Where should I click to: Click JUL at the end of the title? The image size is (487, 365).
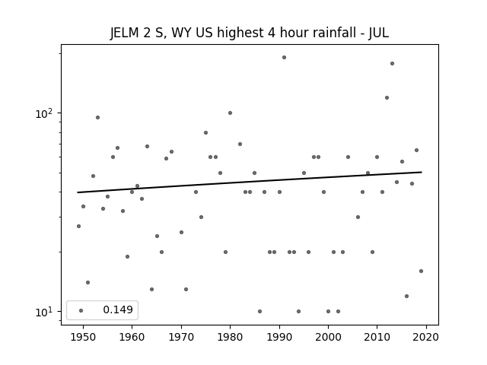(x=379, y=33)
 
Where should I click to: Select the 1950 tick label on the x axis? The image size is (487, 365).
(x=83, y=337)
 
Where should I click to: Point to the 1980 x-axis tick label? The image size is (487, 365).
(x=230, y=337)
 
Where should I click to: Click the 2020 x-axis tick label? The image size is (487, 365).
(x=426, y=337)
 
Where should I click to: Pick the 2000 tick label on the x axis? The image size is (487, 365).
(x=328, y=337)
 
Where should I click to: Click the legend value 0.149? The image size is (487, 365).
(x=118, y=309)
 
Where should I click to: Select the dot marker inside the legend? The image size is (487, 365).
(x=81, y=310)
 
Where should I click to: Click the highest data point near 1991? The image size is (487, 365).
(x=284, y=58)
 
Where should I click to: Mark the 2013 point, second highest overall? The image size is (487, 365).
(x=393, y=64)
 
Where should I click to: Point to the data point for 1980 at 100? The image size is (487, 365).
(x=230, y=113)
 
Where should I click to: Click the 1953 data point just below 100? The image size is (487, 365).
(x=98, y=118)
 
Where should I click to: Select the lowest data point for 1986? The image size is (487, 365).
(x=259, y=311)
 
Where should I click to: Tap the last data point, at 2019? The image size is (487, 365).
(x=421, y=271)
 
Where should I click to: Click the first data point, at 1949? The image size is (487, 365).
(x=78, y=227)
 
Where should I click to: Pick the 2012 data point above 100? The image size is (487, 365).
(x=387, y=98)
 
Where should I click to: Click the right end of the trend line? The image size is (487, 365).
(x=422, y=172)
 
